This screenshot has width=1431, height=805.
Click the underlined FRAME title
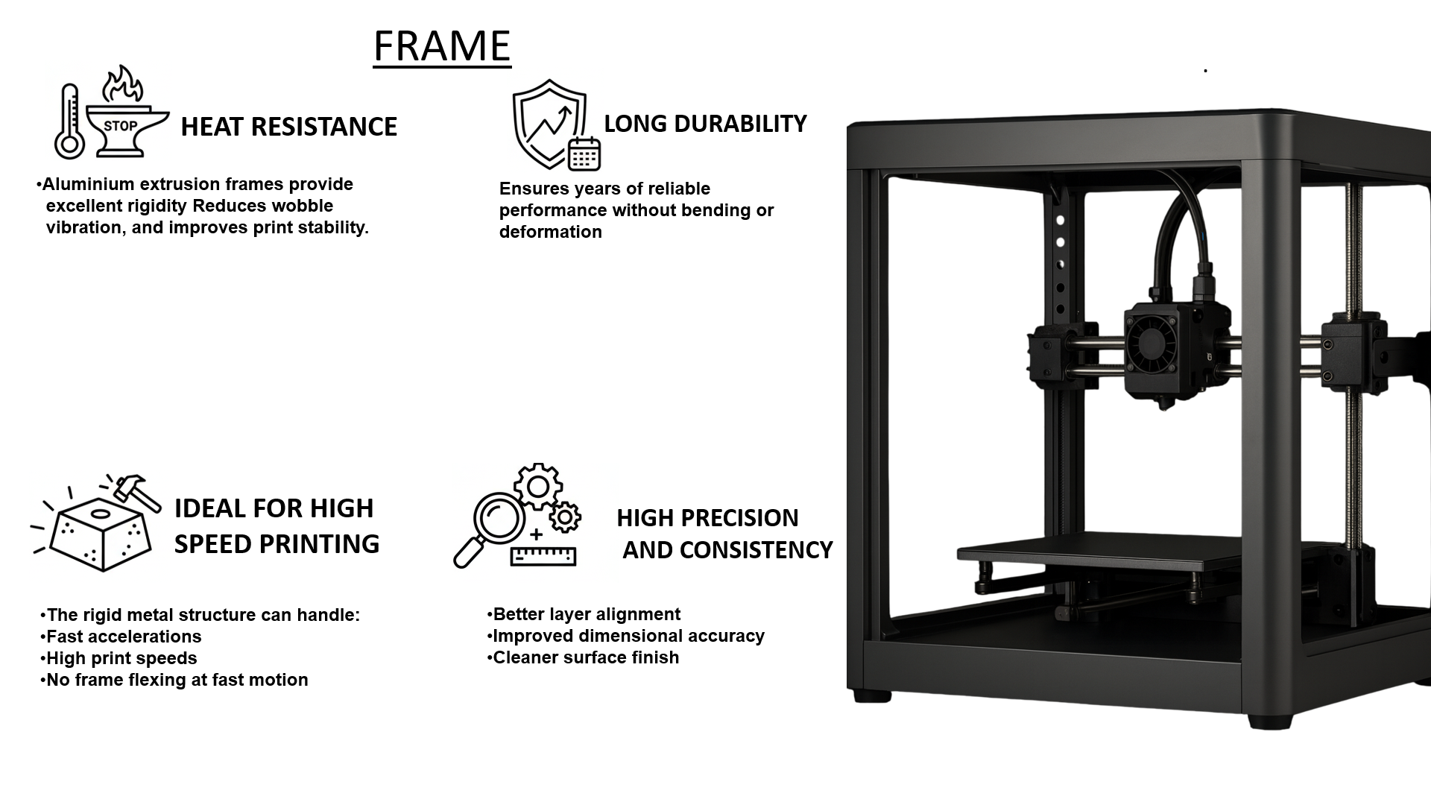click(442, 46)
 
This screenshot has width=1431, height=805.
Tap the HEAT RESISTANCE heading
click(288, 127)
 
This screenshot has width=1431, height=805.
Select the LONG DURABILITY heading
click(705, 124)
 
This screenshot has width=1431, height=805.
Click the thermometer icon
click(69, 121)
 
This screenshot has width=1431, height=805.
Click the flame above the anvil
click(123, 83)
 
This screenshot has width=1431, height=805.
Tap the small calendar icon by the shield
click(584, 154)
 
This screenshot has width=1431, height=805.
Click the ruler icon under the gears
click(543, 556)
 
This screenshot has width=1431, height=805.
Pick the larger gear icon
click(538, 487)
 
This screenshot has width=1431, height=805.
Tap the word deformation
click(551, 232)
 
